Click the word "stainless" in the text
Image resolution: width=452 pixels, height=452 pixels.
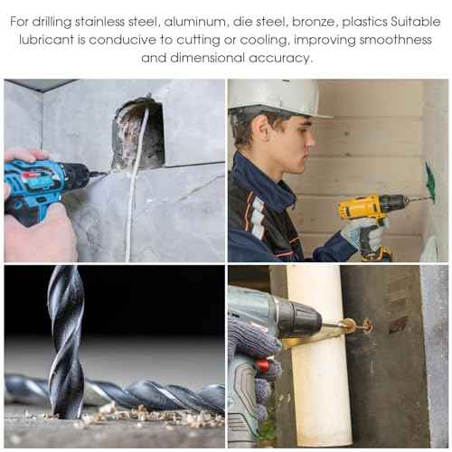[99, 22]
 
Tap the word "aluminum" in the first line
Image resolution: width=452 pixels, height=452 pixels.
[195, 22]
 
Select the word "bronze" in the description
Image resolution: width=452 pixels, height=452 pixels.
[314, 23]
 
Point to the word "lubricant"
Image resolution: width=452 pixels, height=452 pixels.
[46, 40]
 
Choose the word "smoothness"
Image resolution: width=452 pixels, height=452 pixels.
[396, 40]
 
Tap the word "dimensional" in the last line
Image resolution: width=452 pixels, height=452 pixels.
[207, 58]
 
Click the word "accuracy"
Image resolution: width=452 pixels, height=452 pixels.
[279, 59]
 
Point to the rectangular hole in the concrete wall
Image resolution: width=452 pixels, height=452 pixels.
[139, 133]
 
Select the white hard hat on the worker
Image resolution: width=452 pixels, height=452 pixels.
[278, 97]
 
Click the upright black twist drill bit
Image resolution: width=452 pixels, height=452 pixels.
[66, 342]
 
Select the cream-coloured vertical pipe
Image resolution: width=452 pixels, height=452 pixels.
[319, 355]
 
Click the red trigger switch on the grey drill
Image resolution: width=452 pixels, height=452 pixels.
[263, 365]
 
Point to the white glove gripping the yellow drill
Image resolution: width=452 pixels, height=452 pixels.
[363, 233]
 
